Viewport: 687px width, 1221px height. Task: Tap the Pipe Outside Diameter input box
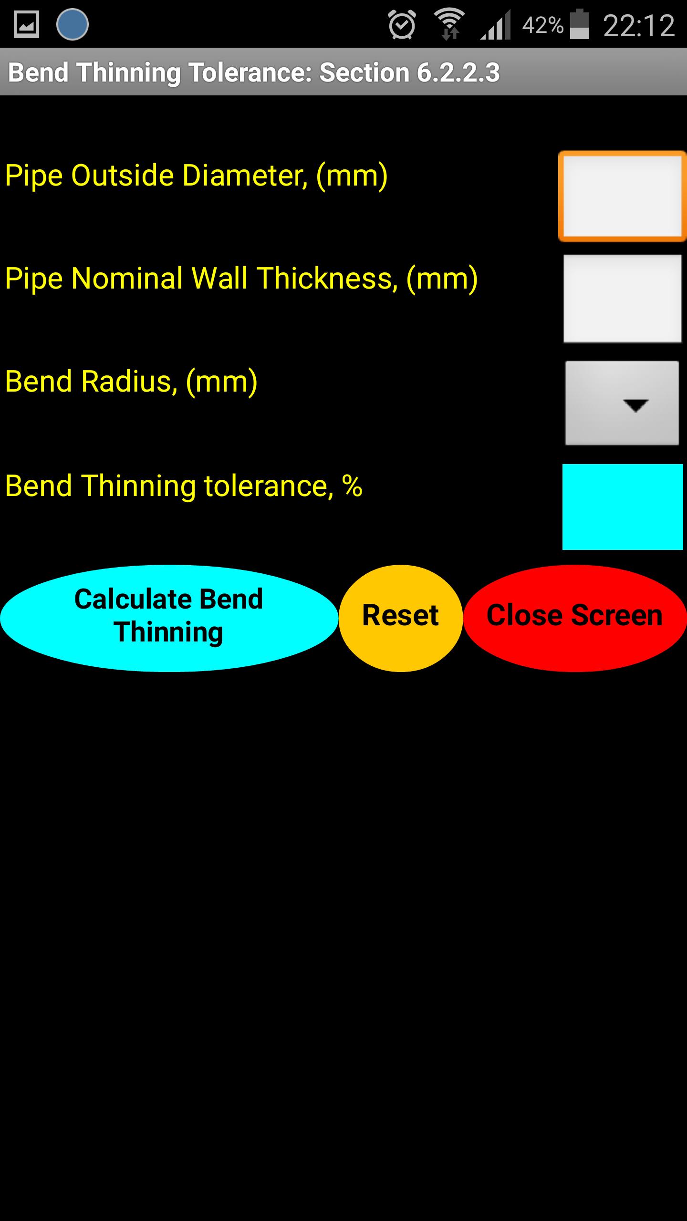(623, 196)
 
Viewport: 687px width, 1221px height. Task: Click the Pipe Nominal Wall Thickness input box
(623, 299)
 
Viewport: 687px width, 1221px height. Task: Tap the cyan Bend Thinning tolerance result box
(623, 507)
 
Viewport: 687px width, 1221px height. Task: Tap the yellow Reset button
(401, 618)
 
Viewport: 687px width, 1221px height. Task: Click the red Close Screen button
(575, 618)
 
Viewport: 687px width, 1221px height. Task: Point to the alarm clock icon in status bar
(402, 24)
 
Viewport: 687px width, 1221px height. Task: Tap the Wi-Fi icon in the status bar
(449, 24)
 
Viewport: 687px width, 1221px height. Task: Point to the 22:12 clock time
(639, 25)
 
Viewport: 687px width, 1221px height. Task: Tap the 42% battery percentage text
(543, 25)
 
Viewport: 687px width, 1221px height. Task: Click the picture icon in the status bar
(26, 24)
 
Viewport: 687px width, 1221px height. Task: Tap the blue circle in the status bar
(73, 24)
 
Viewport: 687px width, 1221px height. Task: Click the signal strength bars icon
(496, 25)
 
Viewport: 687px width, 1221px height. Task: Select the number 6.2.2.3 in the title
(458, 72)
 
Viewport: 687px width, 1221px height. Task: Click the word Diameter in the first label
(245, 175)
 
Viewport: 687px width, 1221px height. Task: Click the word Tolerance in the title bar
(250, 72)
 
